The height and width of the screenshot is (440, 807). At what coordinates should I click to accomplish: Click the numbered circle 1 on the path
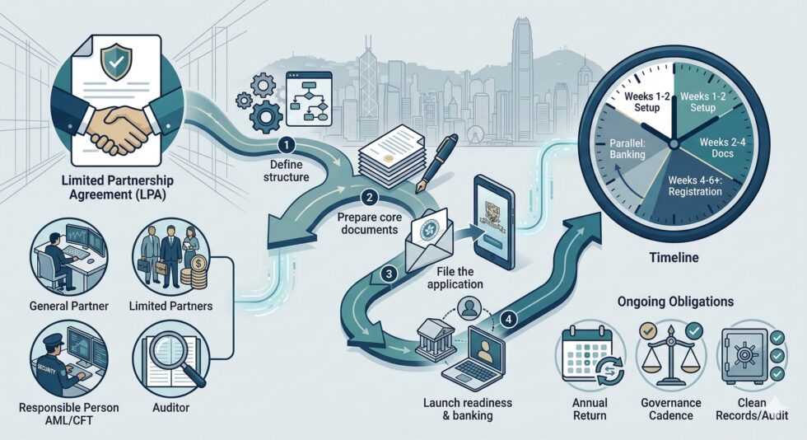287,145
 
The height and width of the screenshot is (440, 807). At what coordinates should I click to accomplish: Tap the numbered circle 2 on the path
369,197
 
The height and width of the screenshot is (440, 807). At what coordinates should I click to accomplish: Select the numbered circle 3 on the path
389,274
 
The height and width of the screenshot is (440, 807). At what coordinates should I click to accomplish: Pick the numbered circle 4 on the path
509,320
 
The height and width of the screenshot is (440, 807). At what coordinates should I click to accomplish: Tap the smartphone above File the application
494,222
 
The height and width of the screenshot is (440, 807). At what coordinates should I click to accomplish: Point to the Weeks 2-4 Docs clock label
722,147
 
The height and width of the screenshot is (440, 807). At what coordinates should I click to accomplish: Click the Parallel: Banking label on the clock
627,148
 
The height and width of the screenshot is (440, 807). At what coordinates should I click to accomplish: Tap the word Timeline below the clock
674,257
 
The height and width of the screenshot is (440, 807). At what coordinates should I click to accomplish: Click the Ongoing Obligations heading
675,302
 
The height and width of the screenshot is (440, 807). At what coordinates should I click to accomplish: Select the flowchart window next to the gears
309,99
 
